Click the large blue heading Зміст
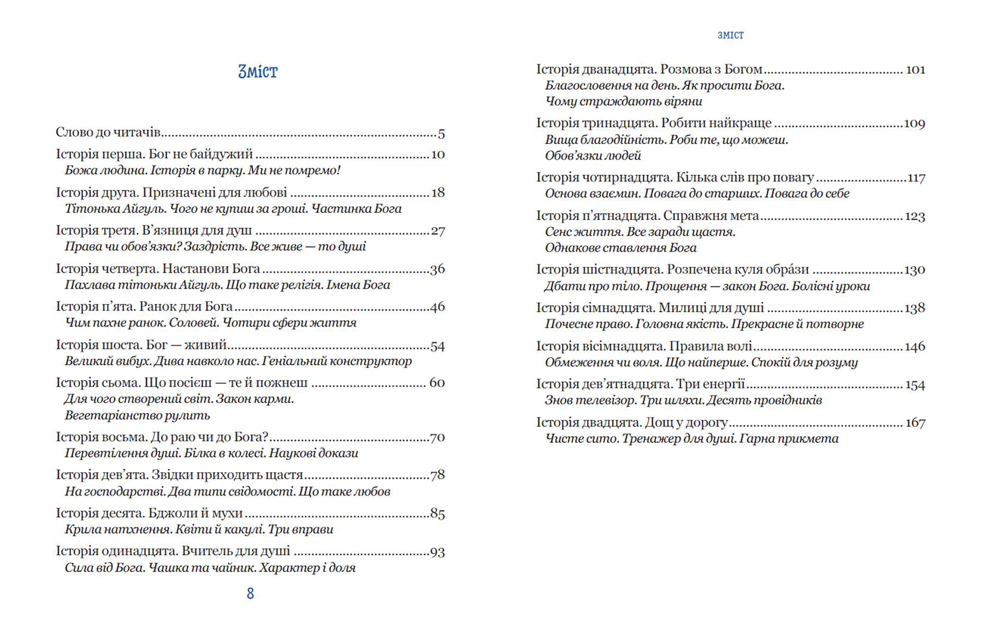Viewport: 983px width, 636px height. (x=258, y=72)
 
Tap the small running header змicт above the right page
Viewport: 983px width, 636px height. (x=730, y=35)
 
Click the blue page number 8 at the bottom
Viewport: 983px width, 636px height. (x=250, y=593)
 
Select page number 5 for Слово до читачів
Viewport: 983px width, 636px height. (x=441, y=133)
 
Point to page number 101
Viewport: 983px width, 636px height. (x=915, y=70)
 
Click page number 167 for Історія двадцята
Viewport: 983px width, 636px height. (x=915, y=423)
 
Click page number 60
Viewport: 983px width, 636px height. (x=437, y=383)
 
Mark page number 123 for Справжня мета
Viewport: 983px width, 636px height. (x=915, y=217)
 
